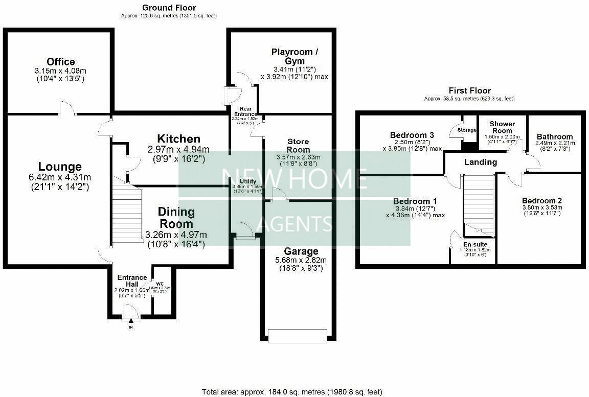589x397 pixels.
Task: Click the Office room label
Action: (61, 62)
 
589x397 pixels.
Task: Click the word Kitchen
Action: (178, 139)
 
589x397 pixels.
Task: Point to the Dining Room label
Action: (176, 218)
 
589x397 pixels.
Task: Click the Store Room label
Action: (299, 146)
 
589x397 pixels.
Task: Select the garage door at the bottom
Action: (297, 336)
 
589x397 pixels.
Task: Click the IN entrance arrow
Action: (131, 321)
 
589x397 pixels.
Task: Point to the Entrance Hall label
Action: (132, 281)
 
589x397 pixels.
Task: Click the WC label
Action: (160, 284)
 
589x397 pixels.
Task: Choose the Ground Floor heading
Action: (169, 8)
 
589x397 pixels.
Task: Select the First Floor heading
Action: (469, 90)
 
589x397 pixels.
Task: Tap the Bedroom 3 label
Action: (412, 135)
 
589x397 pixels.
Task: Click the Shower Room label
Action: (502, 127)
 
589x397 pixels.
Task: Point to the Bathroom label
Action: (554, 136)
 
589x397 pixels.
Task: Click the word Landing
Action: (480, 162)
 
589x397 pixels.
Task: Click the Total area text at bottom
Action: (292, 392)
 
